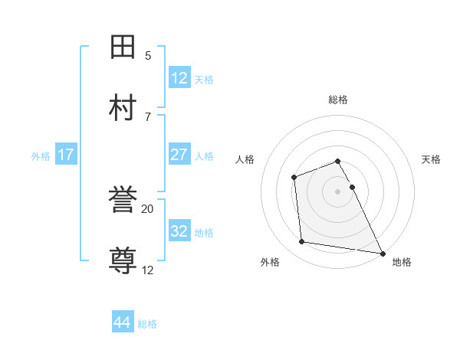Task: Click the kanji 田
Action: click(x=123, y=47)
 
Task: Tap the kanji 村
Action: click(x=123, y=108)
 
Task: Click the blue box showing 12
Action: click(x=179, y=77)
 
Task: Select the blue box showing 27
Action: click(x=179, y=155)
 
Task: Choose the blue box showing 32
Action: click(x=179, y=231)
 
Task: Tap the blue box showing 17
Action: click(x=65, y=155)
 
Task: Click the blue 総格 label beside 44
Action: click(x=147, y=324)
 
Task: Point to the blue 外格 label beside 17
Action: click(x=41, y=156)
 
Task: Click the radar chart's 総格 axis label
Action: click(x=338, y=100)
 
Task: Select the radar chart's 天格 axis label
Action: click(x=432, y=159)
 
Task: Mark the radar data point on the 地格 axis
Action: click(x=383, y=253)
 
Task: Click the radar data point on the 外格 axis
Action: click(x=302, y=242)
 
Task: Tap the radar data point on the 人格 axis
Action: click(x=294, y=178)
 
